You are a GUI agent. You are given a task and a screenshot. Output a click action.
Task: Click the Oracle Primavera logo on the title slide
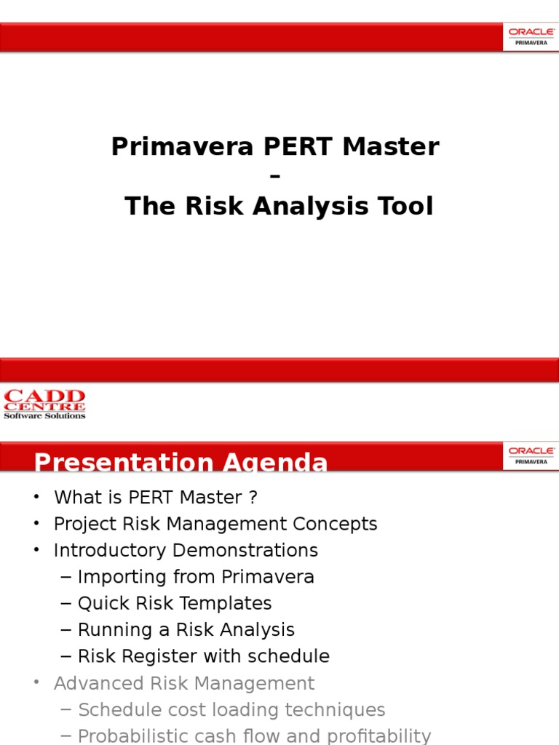point(531,36)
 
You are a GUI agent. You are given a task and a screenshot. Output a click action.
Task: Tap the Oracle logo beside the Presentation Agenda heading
point(531,455)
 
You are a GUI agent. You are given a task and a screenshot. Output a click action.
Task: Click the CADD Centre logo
point(44,404)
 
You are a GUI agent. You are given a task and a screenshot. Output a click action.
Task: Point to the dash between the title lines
point(274,177)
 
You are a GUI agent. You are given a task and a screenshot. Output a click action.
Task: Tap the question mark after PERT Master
point(253,498)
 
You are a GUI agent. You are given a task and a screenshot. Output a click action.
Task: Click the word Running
point(116,629)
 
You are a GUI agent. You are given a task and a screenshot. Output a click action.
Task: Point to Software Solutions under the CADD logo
point(44,415)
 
